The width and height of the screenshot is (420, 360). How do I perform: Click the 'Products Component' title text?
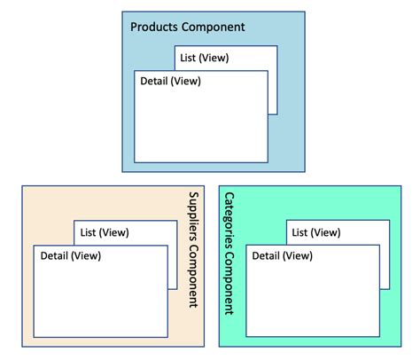click(187, 27)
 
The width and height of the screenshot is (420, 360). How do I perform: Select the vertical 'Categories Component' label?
click(229, 253)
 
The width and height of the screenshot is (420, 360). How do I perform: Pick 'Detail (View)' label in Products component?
click(171, 82)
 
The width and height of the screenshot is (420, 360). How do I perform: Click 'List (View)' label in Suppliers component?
click(105, 232)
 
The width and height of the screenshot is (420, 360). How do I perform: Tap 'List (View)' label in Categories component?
click(315, 232)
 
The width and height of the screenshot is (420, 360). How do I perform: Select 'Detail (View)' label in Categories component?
click(283, 256)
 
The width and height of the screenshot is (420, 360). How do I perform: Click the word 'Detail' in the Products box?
click(155, 82)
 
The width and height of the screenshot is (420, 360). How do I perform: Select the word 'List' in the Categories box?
click(299, 232)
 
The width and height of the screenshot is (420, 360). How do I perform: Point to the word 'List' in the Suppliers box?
click(89, 232)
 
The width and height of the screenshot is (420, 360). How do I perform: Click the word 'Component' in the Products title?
click(214, 27)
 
